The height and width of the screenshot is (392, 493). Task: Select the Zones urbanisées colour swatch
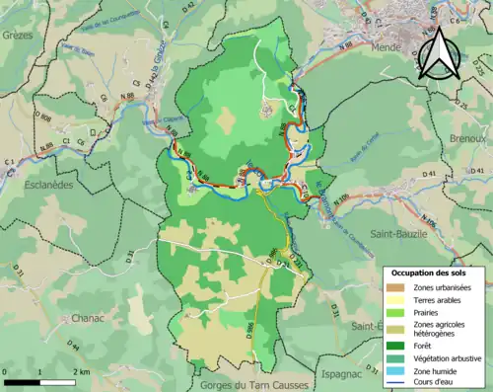point(393,286)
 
